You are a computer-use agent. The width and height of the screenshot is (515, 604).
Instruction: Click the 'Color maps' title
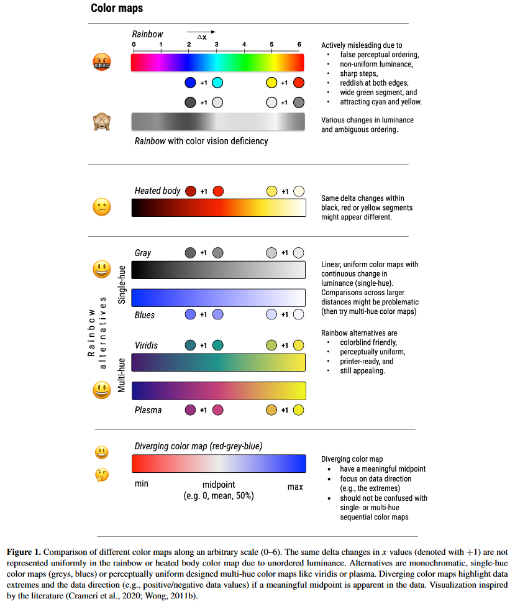[117, 8]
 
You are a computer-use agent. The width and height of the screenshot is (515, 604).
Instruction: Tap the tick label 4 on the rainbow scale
[244, 45]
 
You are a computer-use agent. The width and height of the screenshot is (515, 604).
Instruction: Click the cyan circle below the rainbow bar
[217, 83]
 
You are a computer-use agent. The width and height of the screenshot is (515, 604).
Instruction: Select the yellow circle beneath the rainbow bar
[271, 83]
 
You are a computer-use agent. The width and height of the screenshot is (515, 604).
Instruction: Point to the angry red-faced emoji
[101, 62]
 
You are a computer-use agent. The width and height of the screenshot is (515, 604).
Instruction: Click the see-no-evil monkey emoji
[101, 122]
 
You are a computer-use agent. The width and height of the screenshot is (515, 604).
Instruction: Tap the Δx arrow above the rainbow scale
[201, 33]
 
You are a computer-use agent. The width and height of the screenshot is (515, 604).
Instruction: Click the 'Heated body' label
[157, 191]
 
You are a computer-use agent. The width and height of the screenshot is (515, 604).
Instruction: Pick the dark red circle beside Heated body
[191, 191]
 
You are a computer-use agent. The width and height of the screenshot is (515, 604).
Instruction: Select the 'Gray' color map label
[143, 253]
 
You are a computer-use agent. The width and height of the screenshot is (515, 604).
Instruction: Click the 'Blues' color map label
[145, 315]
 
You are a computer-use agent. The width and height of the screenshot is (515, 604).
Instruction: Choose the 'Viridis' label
[147, 345]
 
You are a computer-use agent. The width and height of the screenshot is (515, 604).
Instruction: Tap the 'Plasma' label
[147, 410]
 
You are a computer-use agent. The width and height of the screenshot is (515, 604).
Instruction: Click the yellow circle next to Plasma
[298, 410]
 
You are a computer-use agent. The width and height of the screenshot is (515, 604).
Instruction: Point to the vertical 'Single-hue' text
[122, 285]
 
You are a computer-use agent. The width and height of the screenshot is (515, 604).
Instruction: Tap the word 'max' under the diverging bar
[295, 487]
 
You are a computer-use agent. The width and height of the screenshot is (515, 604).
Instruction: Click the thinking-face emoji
[101, 475]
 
